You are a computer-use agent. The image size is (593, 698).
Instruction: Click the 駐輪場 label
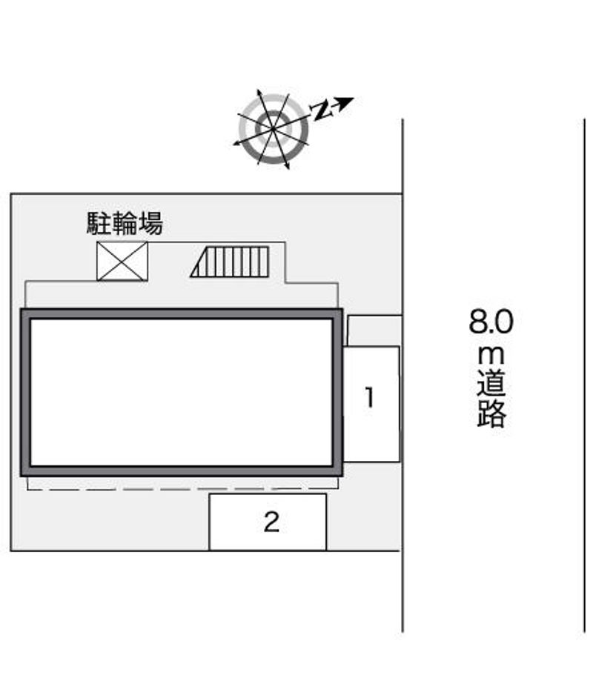(125, 223)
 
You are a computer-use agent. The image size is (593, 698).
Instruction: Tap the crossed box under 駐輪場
(122, 261)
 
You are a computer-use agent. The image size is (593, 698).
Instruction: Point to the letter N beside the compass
(321, 111)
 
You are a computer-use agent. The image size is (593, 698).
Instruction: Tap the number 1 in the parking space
(369, 399)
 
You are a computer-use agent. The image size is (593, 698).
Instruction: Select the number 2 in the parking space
(271, 523)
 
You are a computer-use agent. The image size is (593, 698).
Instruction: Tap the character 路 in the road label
(491, 415)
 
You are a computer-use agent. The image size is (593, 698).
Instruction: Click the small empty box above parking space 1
(374, 330)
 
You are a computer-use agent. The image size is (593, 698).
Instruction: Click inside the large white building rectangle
(182, 392)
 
